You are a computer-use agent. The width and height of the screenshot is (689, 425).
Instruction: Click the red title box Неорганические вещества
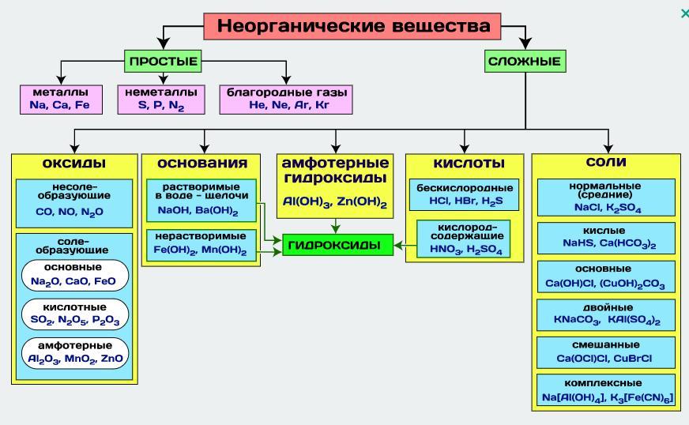[x=353, y=26]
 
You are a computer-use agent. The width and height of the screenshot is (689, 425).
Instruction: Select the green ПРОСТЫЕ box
[x=162, y=61]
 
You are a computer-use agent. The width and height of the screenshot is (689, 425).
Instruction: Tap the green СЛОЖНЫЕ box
[x=525, y=61]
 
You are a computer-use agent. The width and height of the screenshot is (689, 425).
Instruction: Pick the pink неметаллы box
[x=161, y=100]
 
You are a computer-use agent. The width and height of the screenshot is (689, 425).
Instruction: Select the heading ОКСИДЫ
[x=74, y=164]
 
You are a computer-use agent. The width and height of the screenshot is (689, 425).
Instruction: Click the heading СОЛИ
[x=607, y=163]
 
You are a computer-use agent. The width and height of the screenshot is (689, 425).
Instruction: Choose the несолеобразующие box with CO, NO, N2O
[x=74, y=200]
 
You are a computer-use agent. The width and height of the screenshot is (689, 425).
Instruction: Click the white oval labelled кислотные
[x=74, y=311]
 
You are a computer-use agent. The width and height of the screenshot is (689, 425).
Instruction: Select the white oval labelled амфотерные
[x=74, y=352]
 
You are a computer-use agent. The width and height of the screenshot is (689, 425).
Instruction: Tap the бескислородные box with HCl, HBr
[x=465, y=195]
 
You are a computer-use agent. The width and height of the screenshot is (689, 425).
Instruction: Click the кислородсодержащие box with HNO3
[x=465, y=238]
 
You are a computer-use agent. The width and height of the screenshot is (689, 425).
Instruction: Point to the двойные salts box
[x=608, y=314]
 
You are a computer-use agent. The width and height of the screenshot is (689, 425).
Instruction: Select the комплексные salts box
[x=608, y=389]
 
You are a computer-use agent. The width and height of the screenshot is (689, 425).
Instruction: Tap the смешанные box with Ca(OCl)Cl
[x=608, y=352]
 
